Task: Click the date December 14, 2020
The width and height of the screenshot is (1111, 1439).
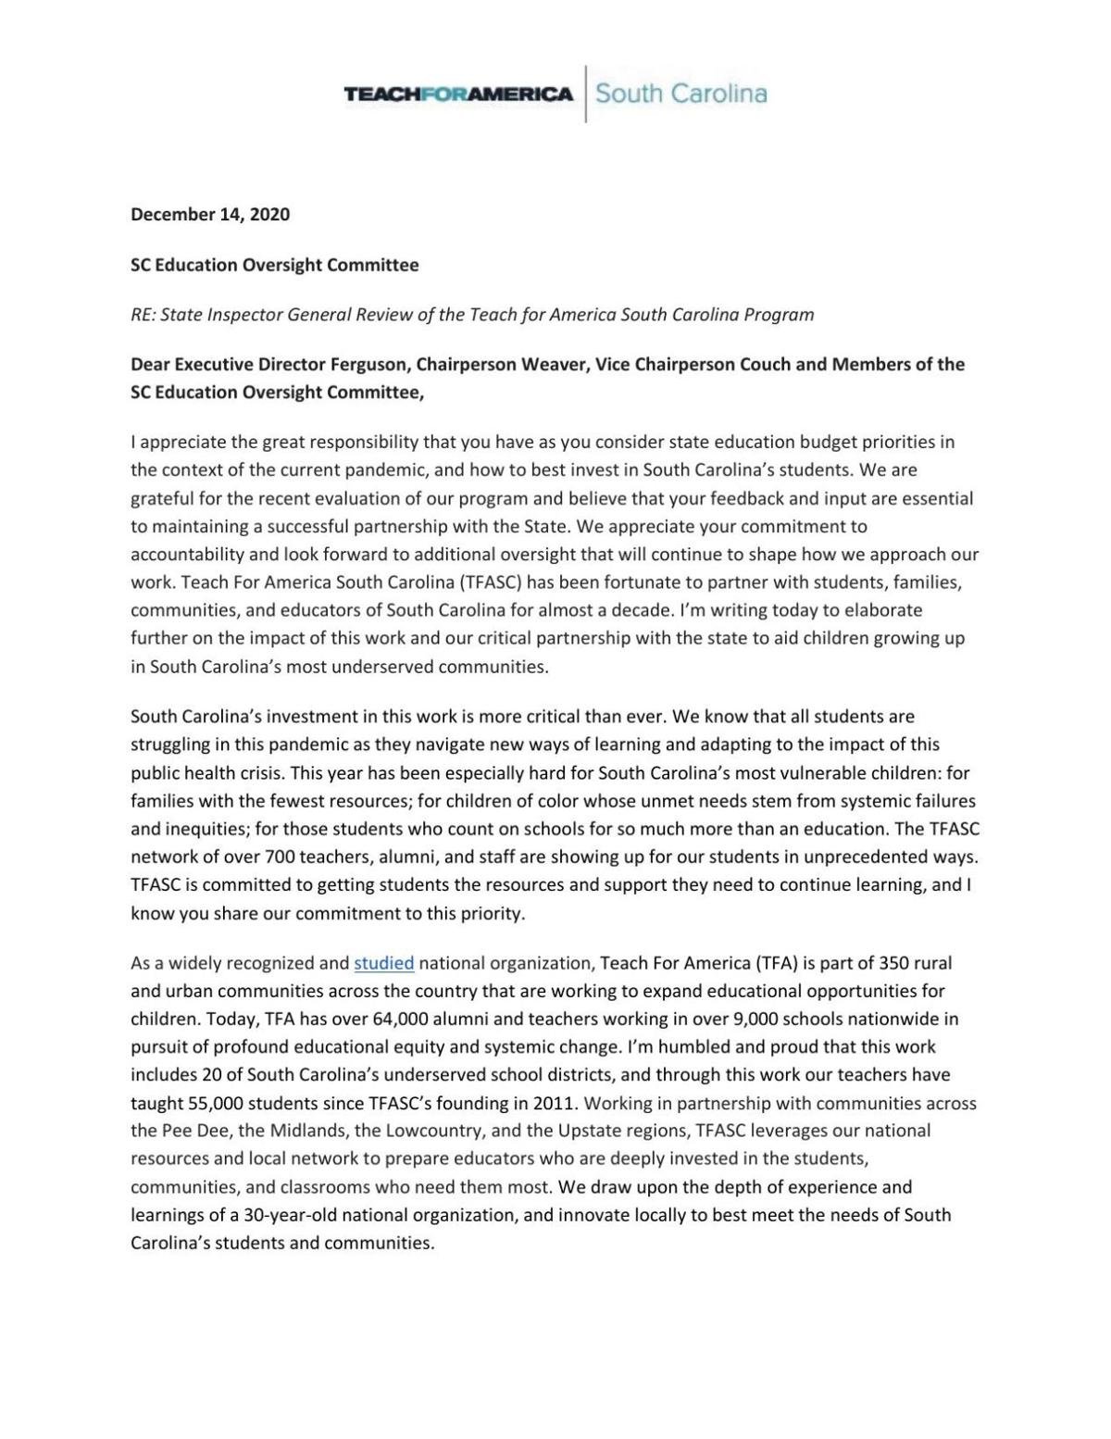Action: pos(210,215)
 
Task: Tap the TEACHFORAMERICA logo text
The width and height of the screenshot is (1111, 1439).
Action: pos(458,94)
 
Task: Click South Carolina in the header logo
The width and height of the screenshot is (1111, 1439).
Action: pos(680,94)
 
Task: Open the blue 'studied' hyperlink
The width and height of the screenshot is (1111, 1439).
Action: pos(383,963)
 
